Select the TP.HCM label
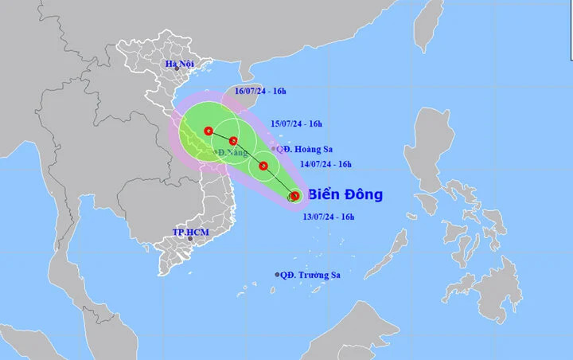coord(189,232)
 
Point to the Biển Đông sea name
coord(345,194)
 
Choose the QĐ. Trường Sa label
coord(311,275)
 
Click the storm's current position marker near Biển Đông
coord(294,195)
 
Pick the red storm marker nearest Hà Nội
coord(208,131)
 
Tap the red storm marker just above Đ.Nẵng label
coord(233,142)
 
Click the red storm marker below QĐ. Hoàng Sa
coord(263,166)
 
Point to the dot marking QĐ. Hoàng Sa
coord(274,149)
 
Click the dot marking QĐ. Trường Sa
coord(278,275)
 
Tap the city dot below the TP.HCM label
coord(189,239)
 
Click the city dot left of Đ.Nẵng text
coord(216,152)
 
